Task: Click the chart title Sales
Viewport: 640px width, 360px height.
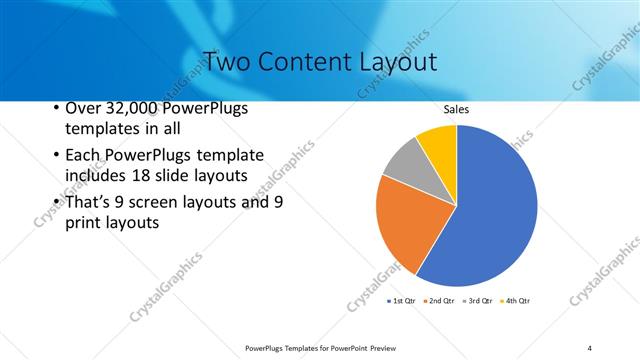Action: (x=456, y=109)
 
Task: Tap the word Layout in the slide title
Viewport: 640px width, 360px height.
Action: (x=399, y=61)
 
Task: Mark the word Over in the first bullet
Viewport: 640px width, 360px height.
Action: (x=83, y=108)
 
